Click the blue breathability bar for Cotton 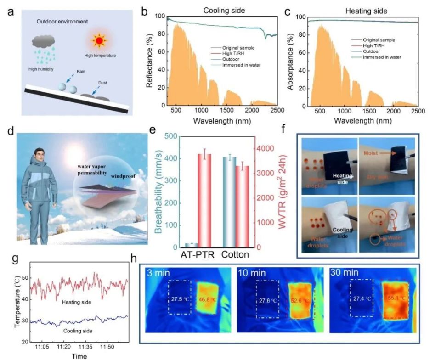click(x=229, y=202)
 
